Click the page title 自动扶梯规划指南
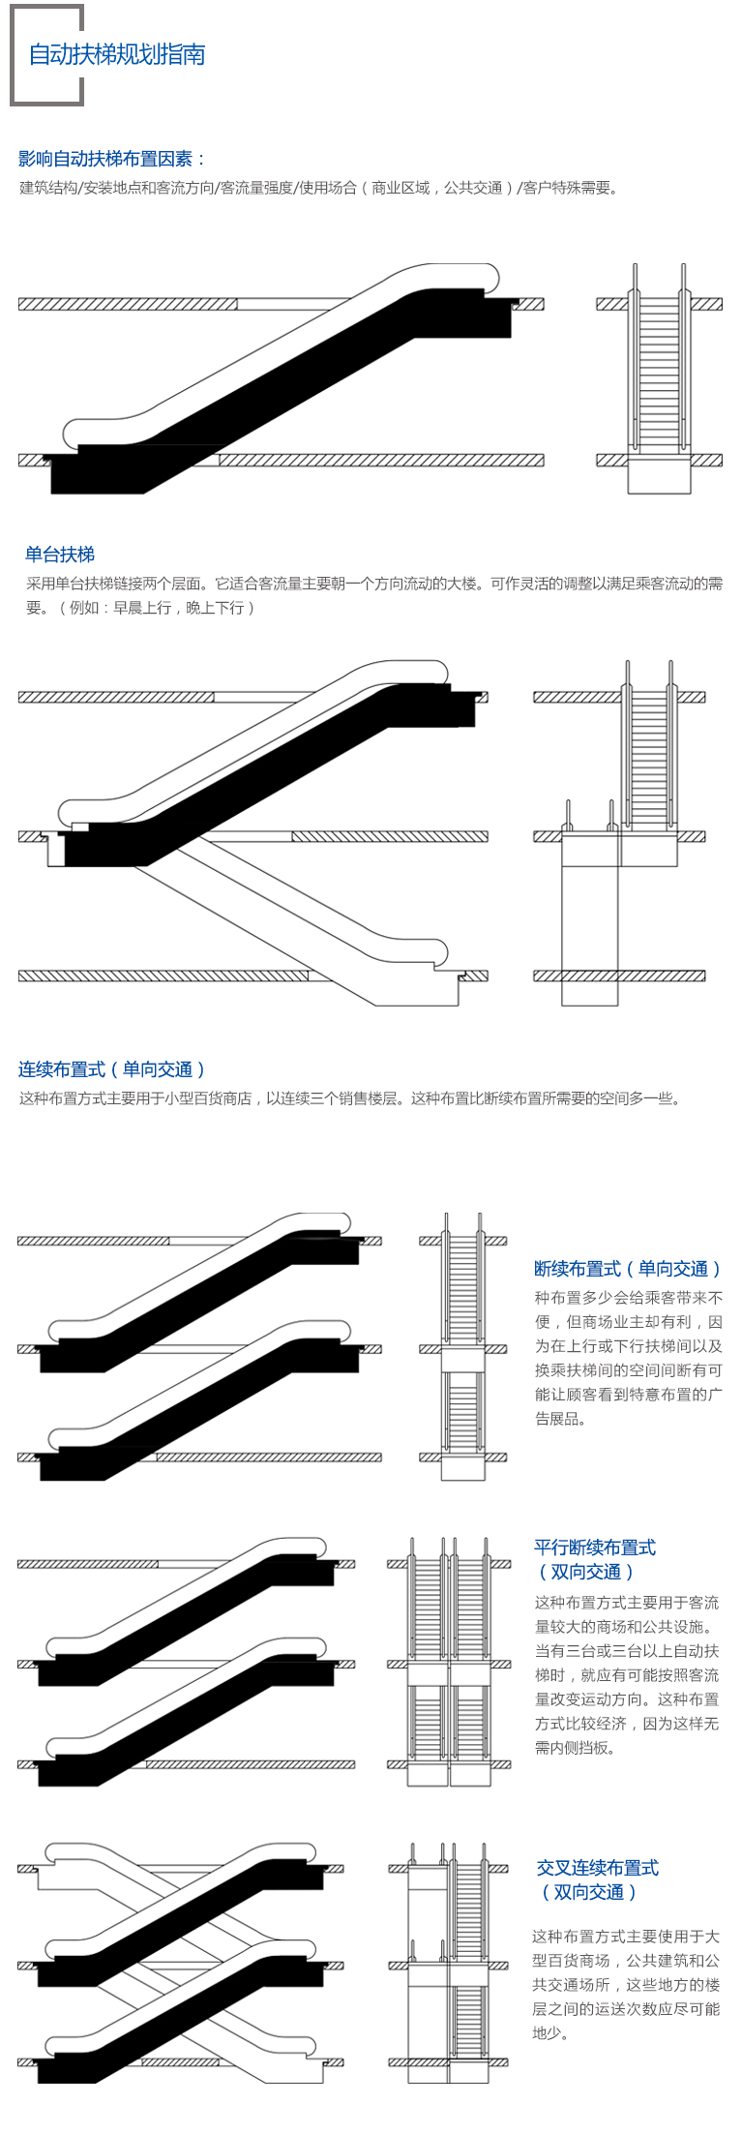click(116, 55)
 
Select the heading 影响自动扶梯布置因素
click(111, 159)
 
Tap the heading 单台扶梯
click(60, 555)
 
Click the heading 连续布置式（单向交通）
click(111, 1069)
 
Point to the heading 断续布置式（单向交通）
click(627, 1269)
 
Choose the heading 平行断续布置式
click(594, 1548)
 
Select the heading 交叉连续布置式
click(597, 1868)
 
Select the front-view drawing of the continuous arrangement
click(619, 832)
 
